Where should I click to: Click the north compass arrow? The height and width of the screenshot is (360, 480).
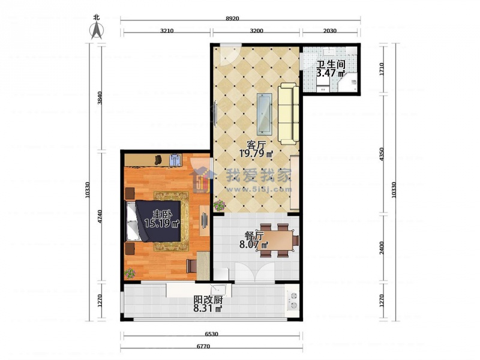(97, 31)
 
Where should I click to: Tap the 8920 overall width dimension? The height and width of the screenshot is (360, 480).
(232, 19)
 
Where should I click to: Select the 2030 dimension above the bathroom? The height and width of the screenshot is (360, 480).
(329, 31)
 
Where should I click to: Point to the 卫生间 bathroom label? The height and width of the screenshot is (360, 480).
(331, 64)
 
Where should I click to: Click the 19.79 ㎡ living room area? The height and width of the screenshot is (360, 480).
(256, 153)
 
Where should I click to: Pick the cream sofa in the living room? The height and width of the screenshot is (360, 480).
(289, 113)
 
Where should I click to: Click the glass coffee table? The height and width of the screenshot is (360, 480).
(264, 113)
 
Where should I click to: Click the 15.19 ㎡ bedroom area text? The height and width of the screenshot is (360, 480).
(161, 223)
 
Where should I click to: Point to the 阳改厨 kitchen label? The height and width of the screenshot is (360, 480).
(208, 299)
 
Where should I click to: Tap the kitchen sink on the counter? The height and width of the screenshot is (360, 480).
(218, 289)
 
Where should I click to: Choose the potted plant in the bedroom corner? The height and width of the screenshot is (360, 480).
(130, 273)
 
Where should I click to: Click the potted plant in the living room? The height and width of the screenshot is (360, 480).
(219, 205)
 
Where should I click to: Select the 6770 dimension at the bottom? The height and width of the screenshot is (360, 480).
(203, 347)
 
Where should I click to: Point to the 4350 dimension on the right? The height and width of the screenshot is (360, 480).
(382, 155)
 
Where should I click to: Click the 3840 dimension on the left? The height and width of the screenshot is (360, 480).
(100, 98)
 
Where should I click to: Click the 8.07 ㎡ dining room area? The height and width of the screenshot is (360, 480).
(254, 245)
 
